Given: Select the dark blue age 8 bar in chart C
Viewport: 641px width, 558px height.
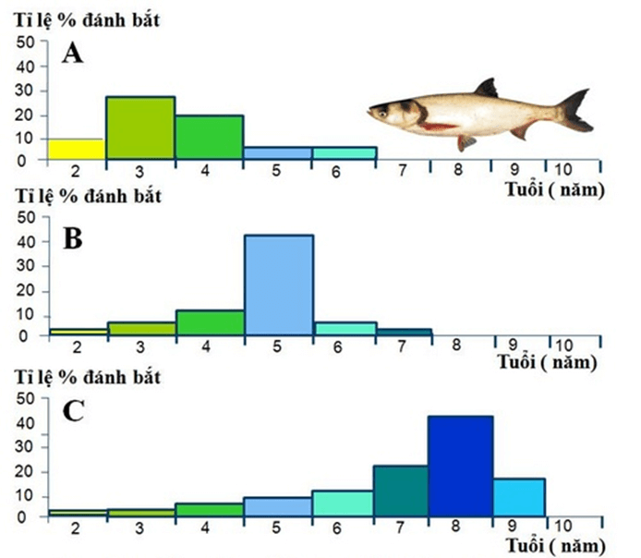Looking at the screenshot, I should click(459, 465).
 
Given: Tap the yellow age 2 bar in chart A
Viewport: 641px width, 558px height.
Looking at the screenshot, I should click(72, 149).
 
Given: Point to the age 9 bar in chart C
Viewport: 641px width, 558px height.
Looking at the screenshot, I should click(518, 496).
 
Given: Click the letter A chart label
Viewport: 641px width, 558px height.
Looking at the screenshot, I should click(73, 55).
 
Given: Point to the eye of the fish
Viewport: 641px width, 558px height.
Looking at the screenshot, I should click(382, 109).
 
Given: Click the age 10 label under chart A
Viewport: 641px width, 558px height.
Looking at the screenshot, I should click(562, 171).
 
